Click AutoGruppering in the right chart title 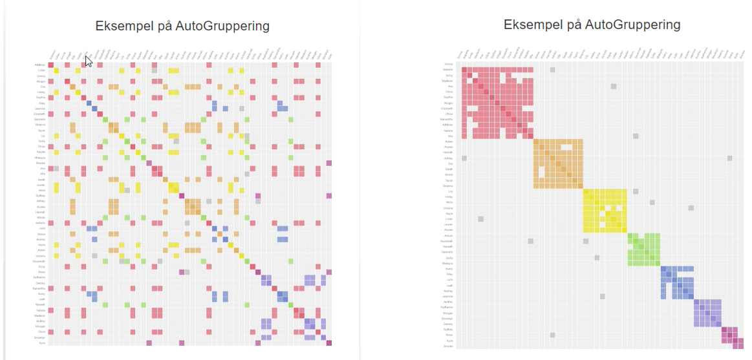632,25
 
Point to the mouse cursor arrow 89,61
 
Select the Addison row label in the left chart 40,65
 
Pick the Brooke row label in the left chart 40,164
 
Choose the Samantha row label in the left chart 39,288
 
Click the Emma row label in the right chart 448,64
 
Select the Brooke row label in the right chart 448,346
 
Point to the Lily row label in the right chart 449,191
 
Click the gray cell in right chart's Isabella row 552,70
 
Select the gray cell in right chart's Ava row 613,86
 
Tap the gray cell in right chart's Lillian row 480,218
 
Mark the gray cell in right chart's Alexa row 552,335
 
